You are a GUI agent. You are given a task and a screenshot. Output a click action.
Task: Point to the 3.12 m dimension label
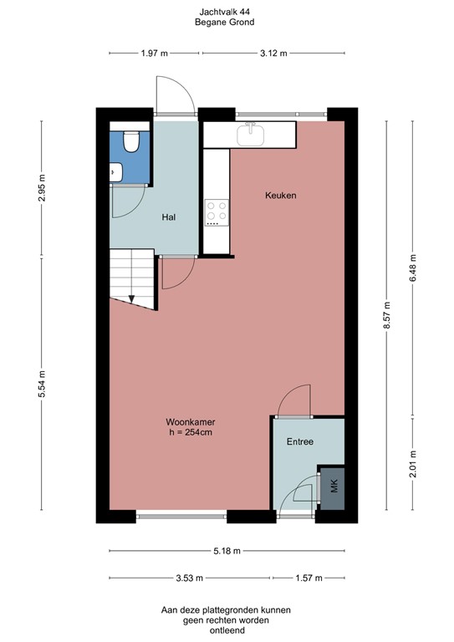click(x=273, y=53)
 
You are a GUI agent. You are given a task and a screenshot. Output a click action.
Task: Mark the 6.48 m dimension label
click(x=411, y=267)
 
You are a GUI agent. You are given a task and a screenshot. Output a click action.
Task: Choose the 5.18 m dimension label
click(x=227, y=552)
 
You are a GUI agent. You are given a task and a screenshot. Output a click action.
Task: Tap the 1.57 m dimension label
click(x=309, y=578)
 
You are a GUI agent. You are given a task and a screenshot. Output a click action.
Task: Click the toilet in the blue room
click(x=130, y=141)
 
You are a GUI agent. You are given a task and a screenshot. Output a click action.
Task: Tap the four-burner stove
click(x=217, y=212)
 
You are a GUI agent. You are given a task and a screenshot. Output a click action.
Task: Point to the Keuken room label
click(x=281, y=196)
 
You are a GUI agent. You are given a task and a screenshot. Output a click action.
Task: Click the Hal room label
click(x=168, y=217)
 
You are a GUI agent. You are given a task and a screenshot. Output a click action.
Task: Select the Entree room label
click(x=299, y=441)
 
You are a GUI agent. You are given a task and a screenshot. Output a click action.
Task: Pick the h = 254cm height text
click(x=189, y=433)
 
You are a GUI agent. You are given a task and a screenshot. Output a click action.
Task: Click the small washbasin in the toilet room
click(x=116, y=173)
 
